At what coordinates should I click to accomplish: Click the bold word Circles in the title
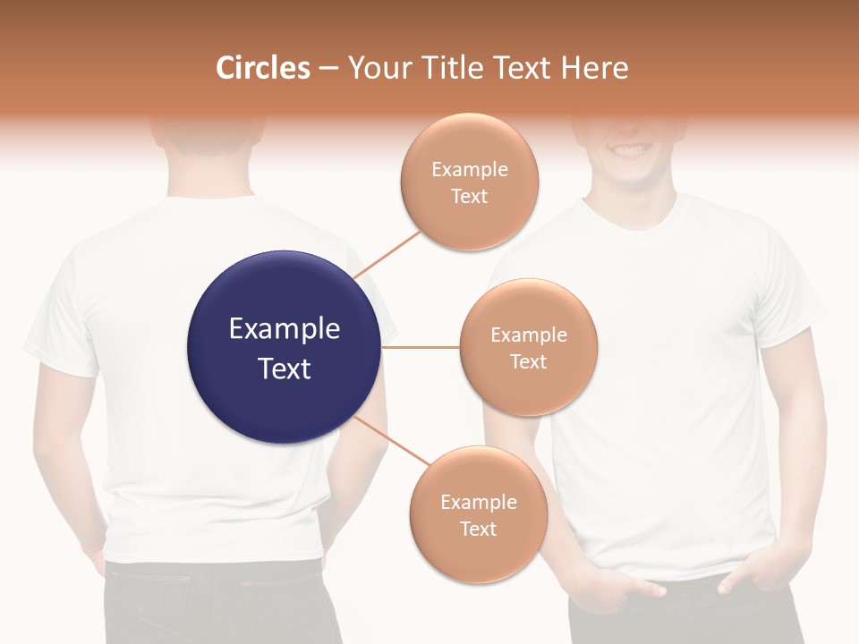(263, 68)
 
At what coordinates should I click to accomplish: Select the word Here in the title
(594, 68)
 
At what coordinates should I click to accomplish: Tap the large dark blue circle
(284, 295)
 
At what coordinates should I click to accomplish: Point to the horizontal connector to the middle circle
(420, 347)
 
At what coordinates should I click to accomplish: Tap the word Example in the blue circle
(284, 329)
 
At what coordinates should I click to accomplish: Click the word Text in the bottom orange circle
(478, 529)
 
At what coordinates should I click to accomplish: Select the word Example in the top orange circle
(470, 169)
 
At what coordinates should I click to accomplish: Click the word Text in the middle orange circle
(528, 361)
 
